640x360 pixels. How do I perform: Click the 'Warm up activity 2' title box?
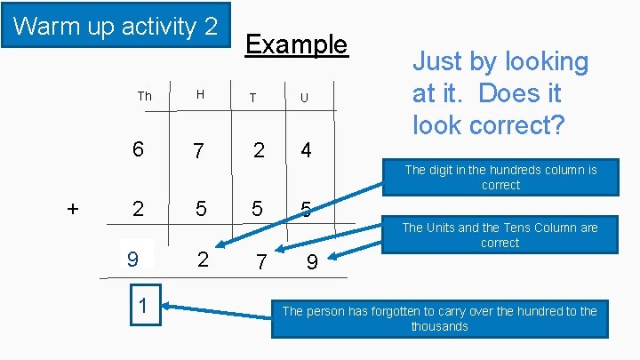pos(116,26)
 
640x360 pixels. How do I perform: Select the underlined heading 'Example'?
pos(296,44)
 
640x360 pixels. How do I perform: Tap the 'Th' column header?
pos(144,96)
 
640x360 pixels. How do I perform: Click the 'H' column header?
pos(200,95)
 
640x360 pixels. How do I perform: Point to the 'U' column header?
pos(304,98)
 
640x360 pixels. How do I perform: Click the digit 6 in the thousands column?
pos(138,150)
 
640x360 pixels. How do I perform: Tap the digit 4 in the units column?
pos(306,150)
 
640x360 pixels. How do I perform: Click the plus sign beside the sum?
pos(73,209)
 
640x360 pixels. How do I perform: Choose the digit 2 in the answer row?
pos(203,259)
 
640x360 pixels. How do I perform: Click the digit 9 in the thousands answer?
pos(132,260)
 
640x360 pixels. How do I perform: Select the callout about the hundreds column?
pos(500,177)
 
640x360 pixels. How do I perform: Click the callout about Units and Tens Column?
pos(500,235)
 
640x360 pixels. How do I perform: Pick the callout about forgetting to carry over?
pos(439,318)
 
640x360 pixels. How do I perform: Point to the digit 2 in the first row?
pos(258,150)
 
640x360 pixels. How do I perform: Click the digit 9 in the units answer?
pos(312,263)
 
